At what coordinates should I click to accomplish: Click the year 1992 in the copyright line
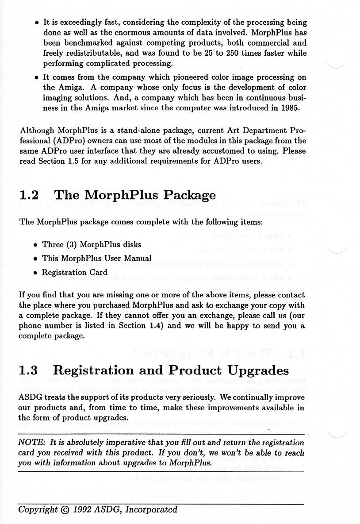coord(83,509)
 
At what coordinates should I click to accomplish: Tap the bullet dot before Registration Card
coord(35,273)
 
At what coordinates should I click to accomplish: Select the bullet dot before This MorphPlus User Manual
coord(35,259)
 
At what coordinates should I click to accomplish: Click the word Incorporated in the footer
coord(151,509)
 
